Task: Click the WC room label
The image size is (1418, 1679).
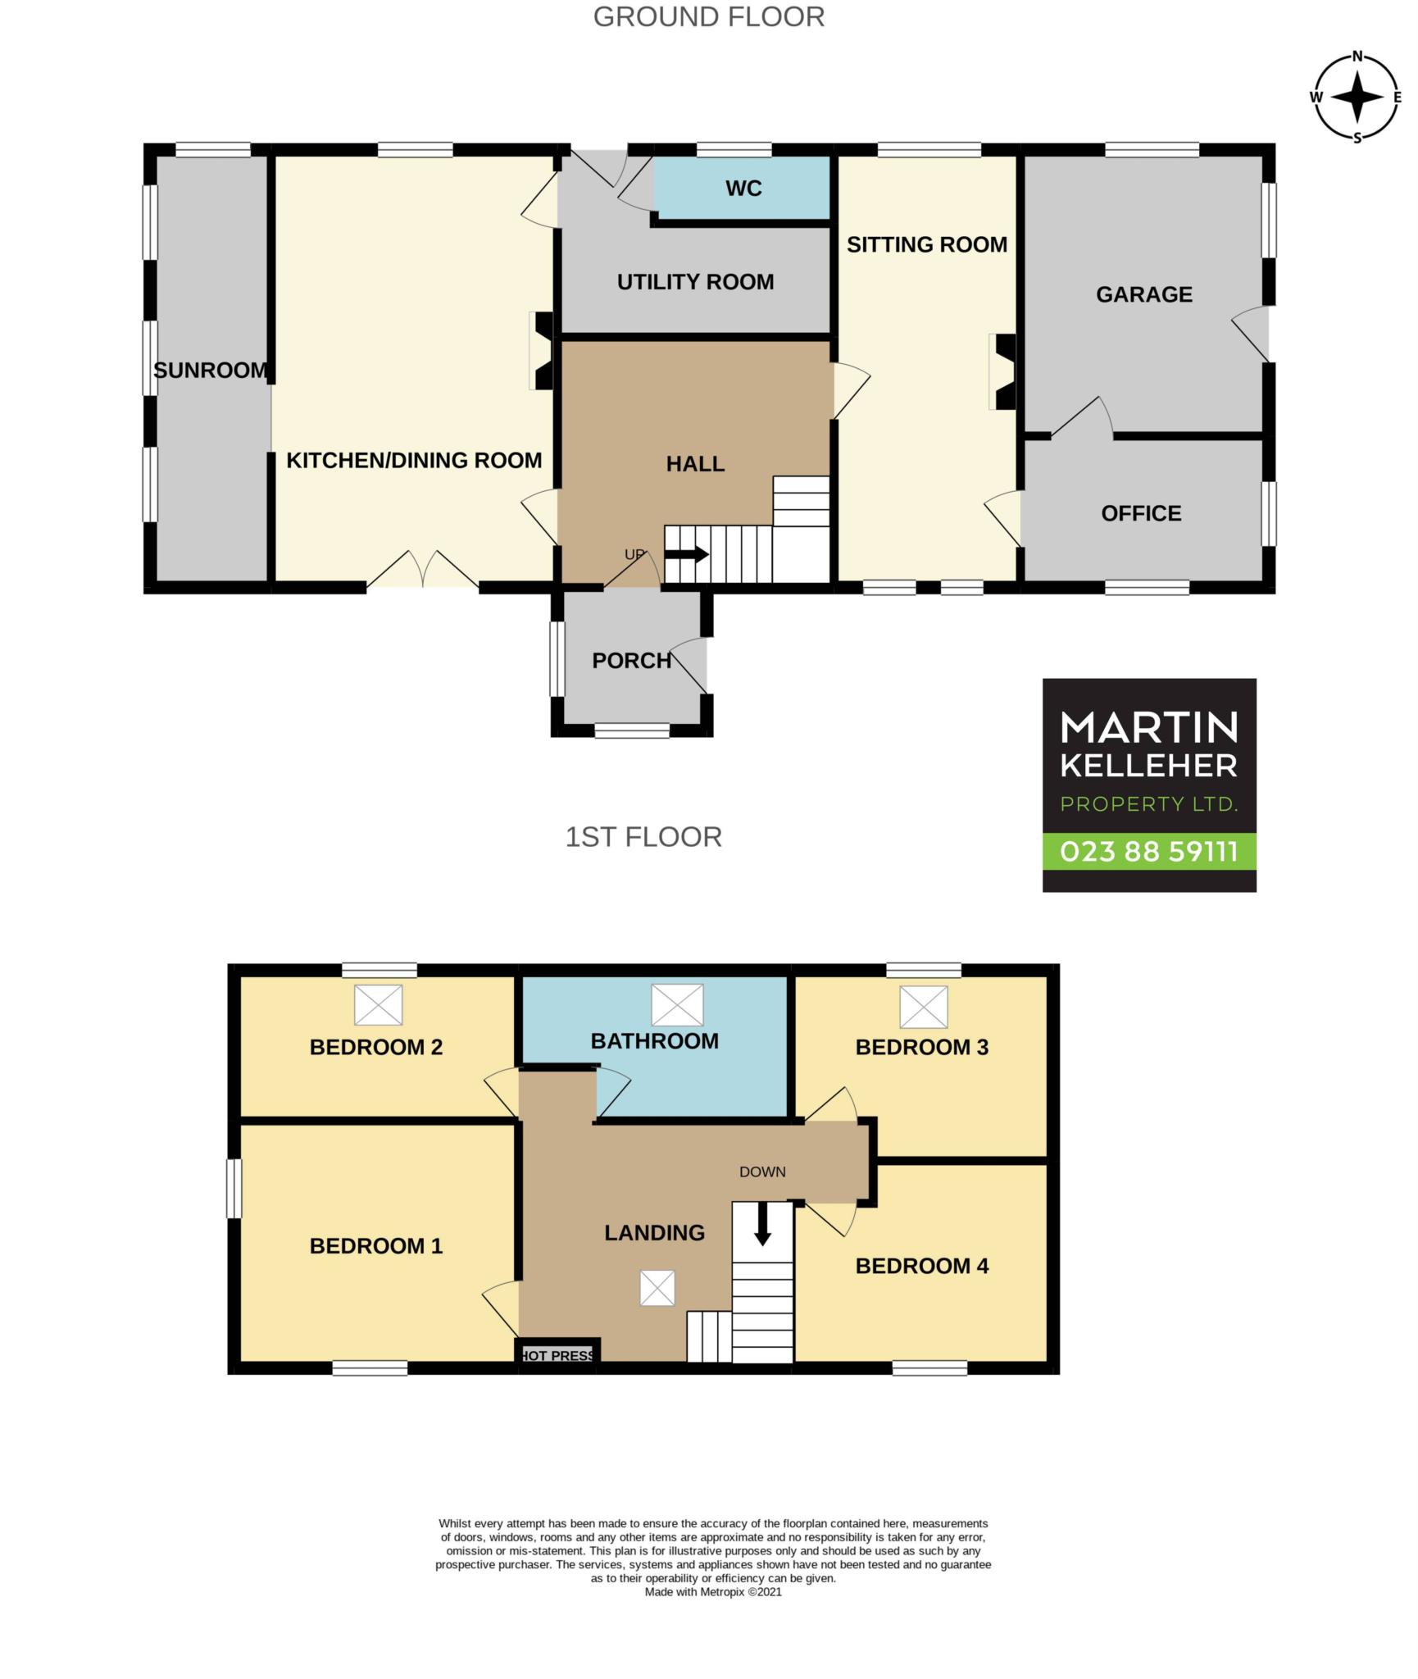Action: [743, 189]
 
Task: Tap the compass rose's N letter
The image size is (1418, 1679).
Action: [1357, 57]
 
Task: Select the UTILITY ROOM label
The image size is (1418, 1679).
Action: [695, 282]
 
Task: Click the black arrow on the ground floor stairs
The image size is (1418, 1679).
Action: [687, 554]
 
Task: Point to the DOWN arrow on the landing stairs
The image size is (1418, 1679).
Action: [762, 1223]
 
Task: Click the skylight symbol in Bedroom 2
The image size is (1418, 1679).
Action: [378, 1004]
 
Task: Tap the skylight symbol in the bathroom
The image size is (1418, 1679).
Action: [677, 1004]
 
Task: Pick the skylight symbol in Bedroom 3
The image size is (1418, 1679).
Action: [923, 1006]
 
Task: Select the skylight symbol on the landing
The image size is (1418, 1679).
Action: [657, 1288]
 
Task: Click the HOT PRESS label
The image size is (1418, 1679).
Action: [557, 1355]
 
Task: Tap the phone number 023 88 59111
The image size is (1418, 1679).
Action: [1148, 852]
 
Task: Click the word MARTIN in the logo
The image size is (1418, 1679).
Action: [1148, 727]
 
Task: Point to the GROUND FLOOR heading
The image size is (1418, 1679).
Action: [708, 17]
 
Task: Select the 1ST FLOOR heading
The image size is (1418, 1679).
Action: [643, 837]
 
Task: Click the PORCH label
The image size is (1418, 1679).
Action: [631, 661]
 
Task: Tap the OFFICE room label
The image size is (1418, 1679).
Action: [1141, 514]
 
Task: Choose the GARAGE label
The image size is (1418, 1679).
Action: [1144, 294]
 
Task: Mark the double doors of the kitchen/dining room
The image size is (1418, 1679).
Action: [423, 569]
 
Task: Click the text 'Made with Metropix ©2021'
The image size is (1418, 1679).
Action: [713, 1592]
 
